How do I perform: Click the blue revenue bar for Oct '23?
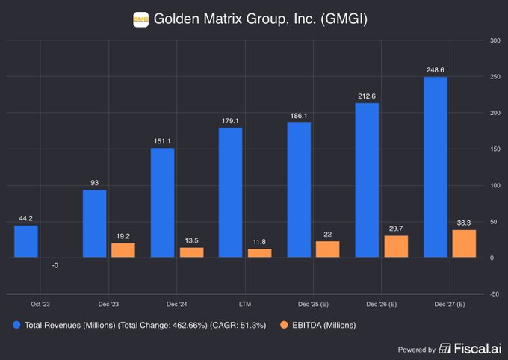25,241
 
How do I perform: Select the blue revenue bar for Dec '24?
162,202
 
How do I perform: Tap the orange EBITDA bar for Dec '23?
123,250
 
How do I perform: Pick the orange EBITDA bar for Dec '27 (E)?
464,243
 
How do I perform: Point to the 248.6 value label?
435,69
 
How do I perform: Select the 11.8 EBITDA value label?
259,241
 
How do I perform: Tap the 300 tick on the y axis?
494,40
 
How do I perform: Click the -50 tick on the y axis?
494,294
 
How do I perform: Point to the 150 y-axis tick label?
494,149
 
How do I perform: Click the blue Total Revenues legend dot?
16,325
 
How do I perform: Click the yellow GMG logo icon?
140,19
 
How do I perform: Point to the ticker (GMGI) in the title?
341,19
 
